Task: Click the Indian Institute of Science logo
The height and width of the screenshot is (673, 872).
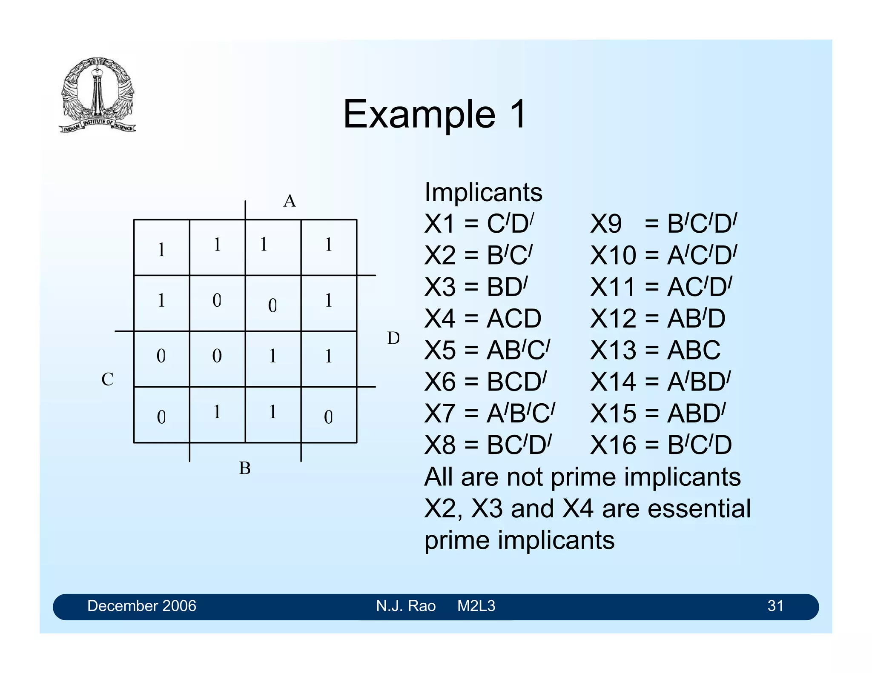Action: pos(98,95)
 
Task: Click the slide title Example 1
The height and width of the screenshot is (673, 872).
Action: pos(435,114)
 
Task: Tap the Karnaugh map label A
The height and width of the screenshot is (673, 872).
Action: pos(290,201)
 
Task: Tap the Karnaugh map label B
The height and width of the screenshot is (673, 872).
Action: pos(245,468)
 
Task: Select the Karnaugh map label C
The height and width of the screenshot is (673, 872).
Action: pos(107,379)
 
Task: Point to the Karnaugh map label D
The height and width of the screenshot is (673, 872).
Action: pos(393,338)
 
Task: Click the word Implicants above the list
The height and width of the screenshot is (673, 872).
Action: pos(483,192)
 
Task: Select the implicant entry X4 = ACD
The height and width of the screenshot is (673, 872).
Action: pos(482,318)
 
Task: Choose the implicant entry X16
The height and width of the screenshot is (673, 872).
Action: pos(661,445)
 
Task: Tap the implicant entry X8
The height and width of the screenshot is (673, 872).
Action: pos(488,445)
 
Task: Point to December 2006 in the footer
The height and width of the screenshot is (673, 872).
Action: pos(141,606)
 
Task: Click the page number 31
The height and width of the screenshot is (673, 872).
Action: pos(775,606)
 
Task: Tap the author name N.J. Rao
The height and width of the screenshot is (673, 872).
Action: pos(405,606)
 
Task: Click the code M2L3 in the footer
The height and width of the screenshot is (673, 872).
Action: pos(476,606)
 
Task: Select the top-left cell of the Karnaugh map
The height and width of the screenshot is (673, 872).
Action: pos(161,248)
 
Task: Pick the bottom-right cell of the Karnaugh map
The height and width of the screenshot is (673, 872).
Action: pos(329,415)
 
